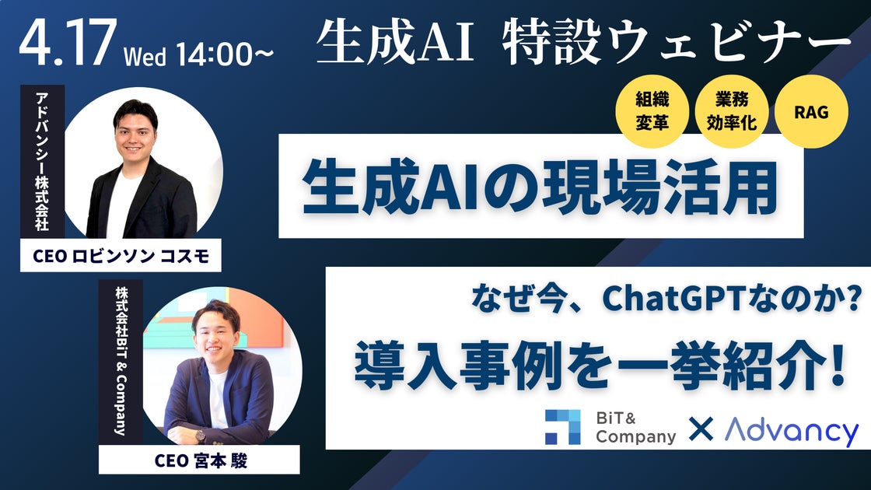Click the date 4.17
68,43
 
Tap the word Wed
145,56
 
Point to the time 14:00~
225,54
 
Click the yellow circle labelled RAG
811,112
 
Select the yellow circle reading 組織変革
652,111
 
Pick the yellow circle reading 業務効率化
732,111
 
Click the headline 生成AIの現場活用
540,187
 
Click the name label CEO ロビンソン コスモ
121,256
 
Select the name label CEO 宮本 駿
199,460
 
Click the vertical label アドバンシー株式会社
42,161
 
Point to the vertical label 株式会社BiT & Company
121,362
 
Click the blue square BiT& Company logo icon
563,427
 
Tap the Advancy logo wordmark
792,431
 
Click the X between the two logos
701,429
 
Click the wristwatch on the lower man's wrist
201,435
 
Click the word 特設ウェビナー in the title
677,42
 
